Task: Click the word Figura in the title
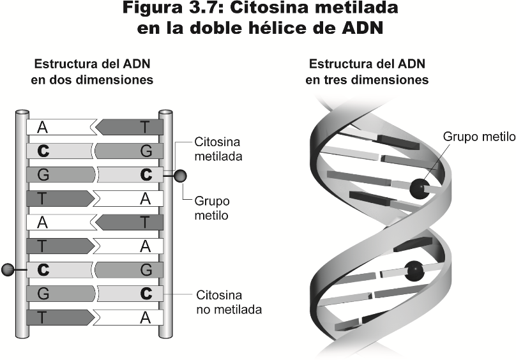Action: coord(151,8)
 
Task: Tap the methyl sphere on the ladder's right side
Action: coord(180,176)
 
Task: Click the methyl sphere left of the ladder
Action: coord(8,269)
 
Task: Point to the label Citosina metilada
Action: coord(218,149)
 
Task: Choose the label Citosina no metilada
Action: coord(229,302)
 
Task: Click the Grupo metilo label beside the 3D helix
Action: coord(479,137)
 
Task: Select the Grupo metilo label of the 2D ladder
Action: coord(212,208)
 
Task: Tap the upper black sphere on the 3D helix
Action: coord(420,189)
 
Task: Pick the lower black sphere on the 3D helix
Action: coord(414,271)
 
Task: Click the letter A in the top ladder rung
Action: coord(42,127)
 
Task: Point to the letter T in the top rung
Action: coord(146,127)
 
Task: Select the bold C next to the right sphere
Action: coord(146,175)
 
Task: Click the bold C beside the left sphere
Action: coord(43,270)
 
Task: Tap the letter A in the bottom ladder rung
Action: coord(146,317)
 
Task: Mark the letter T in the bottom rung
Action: coord(42,317)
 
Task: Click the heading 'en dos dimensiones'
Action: coord(92,80)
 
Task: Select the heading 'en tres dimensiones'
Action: coord(367,80)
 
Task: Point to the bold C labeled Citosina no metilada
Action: coord(146,294)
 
